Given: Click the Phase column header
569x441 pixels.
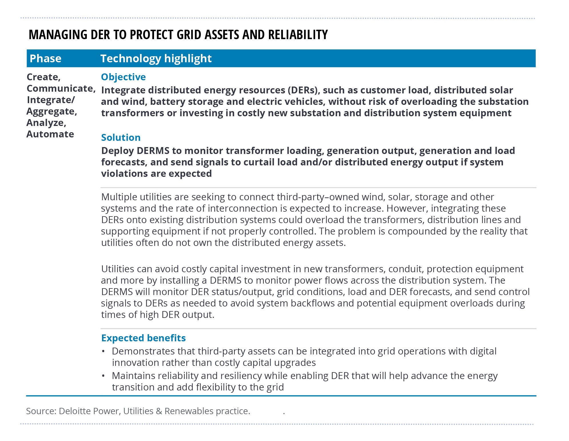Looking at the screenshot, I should click(x=45, y=59).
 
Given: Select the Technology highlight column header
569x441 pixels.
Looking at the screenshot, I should click(x=156, y=59).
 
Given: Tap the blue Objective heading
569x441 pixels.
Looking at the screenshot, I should click(x=123, y=77).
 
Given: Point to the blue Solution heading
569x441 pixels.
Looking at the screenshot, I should click(x=121, y=138).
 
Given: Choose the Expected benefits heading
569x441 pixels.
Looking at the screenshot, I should click(x=143, y=338).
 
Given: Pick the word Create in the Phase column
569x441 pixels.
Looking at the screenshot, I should click(x=43, y=77).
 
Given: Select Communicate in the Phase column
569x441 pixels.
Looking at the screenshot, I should click(x=60, y=89).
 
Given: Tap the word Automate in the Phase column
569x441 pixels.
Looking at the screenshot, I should click(x=50, y=134).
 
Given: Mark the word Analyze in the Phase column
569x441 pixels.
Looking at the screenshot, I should click(x=46, y=123).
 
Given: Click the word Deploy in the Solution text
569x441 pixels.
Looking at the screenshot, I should click(x=117, y=151).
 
